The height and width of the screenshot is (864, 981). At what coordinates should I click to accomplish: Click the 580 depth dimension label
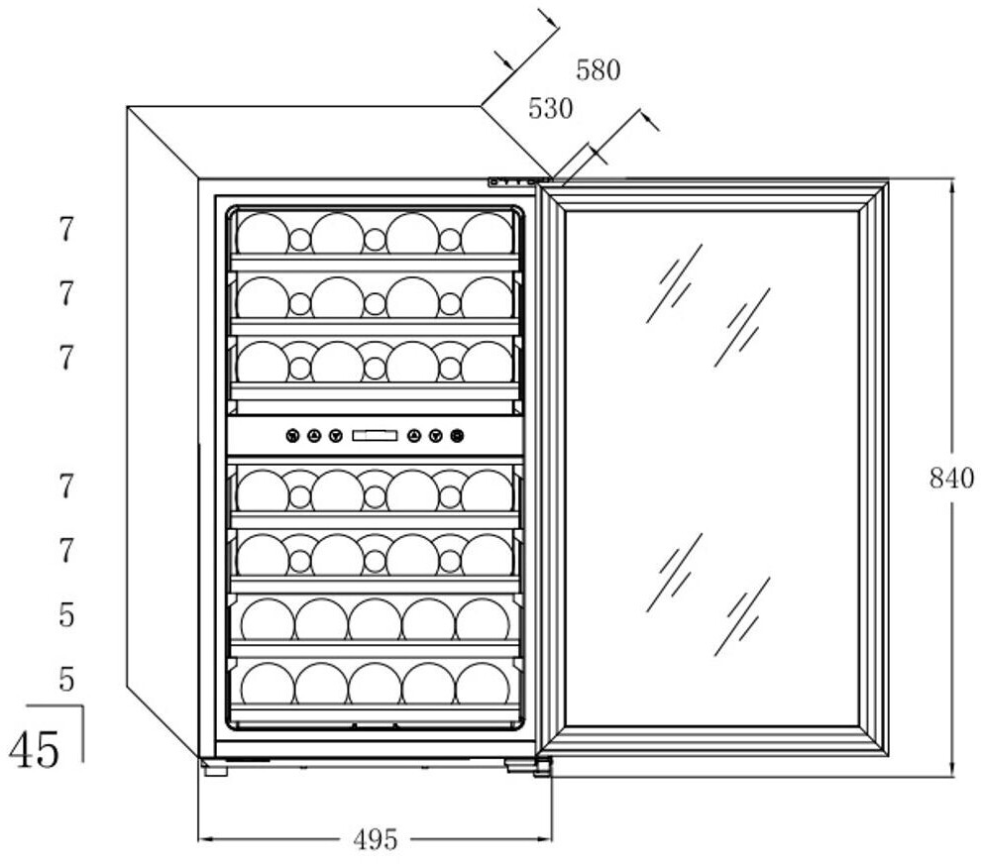click(x=599, y=71)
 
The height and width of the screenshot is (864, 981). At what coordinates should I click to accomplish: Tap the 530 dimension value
click(x=550, y=109)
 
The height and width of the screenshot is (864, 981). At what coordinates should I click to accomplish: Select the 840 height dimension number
click(x=951, y=479)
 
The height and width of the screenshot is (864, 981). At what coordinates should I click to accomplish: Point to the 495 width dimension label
click(x=376, y=840)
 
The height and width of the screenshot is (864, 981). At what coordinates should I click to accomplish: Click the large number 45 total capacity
click(x=35, y=748)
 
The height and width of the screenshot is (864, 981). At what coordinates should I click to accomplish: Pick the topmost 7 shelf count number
click(x=65, y=230)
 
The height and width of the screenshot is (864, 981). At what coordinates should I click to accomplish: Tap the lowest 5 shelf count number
click(x=65, y=680)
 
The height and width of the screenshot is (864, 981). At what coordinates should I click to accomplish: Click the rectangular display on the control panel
click(x=375, y=435)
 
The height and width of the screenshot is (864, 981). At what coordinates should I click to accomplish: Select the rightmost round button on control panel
click(x=457, y=435)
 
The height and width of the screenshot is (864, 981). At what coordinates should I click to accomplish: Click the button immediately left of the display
click(x=335, y=435)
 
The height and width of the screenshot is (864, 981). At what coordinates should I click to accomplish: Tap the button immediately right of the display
click(x=414, y=435)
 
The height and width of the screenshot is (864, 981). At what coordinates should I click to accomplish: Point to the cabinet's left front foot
click(x=214, y=767)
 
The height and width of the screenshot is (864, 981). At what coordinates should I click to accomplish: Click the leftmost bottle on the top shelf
click(x=262, y=234)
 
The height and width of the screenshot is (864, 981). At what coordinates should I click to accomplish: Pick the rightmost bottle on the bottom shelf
click(x=483, y=684)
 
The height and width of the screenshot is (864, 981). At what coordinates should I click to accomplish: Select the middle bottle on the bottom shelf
click(x=375, y=684)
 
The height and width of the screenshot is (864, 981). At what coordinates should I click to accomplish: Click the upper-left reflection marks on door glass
click(x=674, y=283)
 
